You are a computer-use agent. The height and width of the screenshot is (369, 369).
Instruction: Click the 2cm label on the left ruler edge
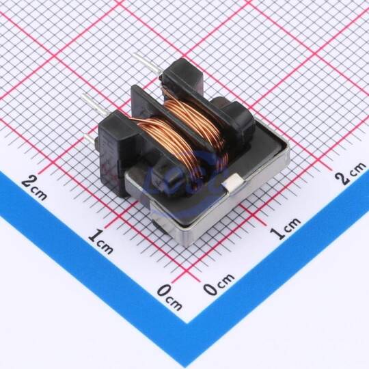[34, 188]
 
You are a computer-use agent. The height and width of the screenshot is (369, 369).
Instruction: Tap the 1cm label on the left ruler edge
[100, 242]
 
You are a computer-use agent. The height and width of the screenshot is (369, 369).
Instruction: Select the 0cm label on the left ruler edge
[169, 297]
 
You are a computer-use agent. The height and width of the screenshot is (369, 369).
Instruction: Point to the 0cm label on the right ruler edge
[219, 284]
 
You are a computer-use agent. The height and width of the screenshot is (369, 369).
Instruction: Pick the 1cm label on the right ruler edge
[285, 228]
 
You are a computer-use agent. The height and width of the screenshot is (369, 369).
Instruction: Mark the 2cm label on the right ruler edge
[351, 173]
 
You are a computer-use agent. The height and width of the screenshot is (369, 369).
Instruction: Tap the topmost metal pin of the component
[148, 63]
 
